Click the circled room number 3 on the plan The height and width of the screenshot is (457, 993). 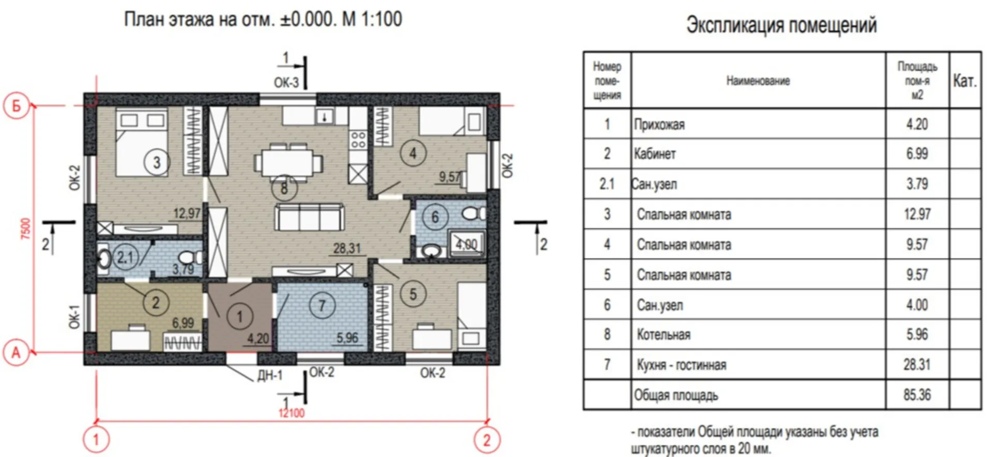pos(157,163)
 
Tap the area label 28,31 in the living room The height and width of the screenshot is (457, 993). pos(347,248)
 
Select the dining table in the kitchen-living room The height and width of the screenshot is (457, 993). pos(288,162)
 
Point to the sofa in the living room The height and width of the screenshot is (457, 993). pos(309,217)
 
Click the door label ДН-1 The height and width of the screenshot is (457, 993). pos(270,375)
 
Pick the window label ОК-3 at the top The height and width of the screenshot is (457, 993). pos(286,83)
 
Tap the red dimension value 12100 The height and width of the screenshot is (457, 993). pos(292,413)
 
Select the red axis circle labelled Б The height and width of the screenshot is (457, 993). pos(16,106)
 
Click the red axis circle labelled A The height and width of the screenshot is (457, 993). pos(16,353)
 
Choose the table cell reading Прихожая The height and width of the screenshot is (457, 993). pos(659,125)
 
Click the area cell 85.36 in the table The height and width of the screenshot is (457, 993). pos(917,395)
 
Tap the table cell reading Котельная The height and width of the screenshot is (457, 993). pos(664,335)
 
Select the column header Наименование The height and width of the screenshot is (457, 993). pos(758,81)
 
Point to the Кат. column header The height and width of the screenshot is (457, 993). pos(965,81)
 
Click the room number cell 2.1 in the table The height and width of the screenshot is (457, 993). pos(607,184)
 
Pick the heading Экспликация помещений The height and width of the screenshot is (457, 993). pos(781,25)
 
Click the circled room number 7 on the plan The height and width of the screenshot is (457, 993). pos(322,306)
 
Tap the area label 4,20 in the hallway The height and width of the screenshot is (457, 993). pos(258,339)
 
